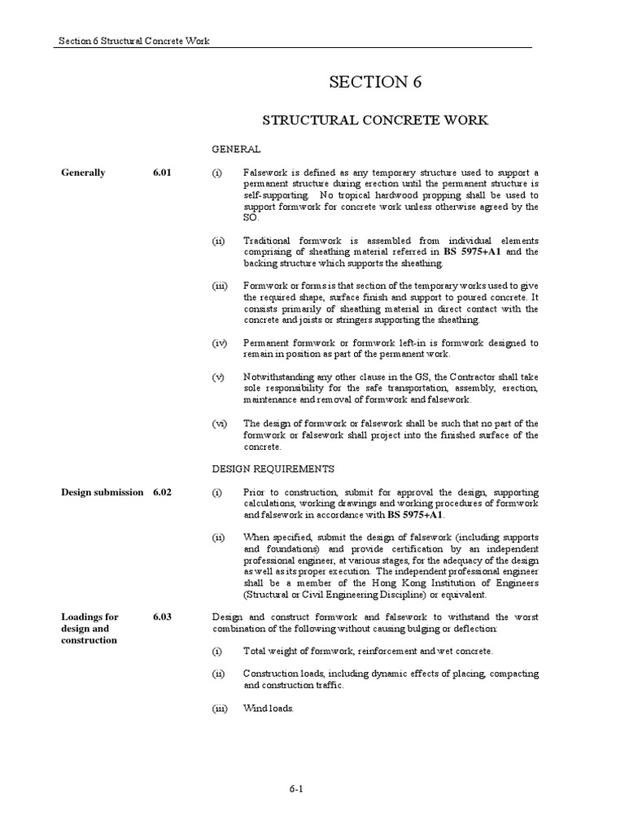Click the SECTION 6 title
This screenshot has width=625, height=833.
[x=375, y=81]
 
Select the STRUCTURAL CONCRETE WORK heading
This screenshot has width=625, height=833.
[x=374, y=120]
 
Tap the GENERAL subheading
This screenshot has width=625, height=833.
[x=236, y=150]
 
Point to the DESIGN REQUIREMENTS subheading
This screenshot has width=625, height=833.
[x=273, y=469]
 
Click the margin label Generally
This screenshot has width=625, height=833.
[x=83, y=172]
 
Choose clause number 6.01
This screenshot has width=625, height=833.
[x=162, y=172]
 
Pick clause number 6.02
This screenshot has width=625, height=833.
[x=162, y=492]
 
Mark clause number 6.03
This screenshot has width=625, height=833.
[x=162, y=617]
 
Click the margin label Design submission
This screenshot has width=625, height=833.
[x=103, y=492]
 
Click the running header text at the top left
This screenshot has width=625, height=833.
[x=134, y=41]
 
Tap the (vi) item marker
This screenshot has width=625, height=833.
[x=220, y=424]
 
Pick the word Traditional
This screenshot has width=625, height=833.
[x=268, y=241]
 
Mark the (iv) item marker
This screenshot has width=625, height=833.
[x=220, y=343]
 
